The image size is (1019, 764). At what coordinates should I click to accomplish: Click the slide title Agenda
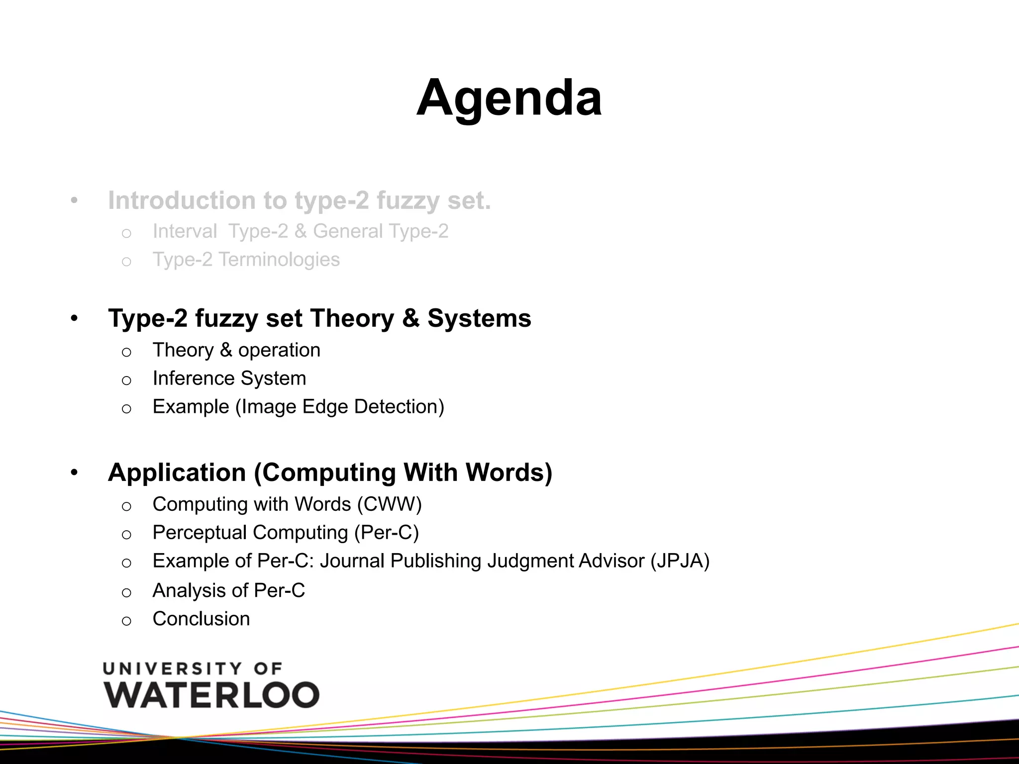[509, 98]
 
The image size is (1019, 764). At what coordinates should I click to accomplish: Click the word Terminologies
[279, 260]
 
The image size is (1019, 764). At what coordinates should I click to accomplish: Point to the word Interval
[185, 231]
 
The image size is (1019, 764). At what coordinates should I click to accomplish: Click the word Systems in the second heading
[479, 318]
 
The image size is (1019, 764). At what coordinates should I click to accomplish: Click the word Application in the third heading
[177, 473]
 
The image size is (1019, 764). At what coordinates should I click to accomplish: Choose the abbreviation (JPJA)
[680, 561]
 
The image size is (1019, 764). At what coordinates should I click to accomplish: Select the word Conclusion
[201, 619]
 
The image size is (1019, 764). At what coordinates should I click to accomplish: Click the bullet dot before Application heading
[74, 472]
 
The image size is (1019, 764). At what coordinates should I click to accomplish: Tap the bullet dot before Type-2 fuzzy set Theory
[74, 318]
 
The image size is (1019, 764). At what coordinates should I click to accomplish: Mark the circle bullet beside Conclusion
[126, 621]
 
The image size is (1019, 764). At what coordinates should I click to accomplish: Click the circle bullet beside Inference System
[126, 381]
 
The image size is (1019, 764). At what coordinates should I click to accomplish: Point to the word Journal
[352, 561]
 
